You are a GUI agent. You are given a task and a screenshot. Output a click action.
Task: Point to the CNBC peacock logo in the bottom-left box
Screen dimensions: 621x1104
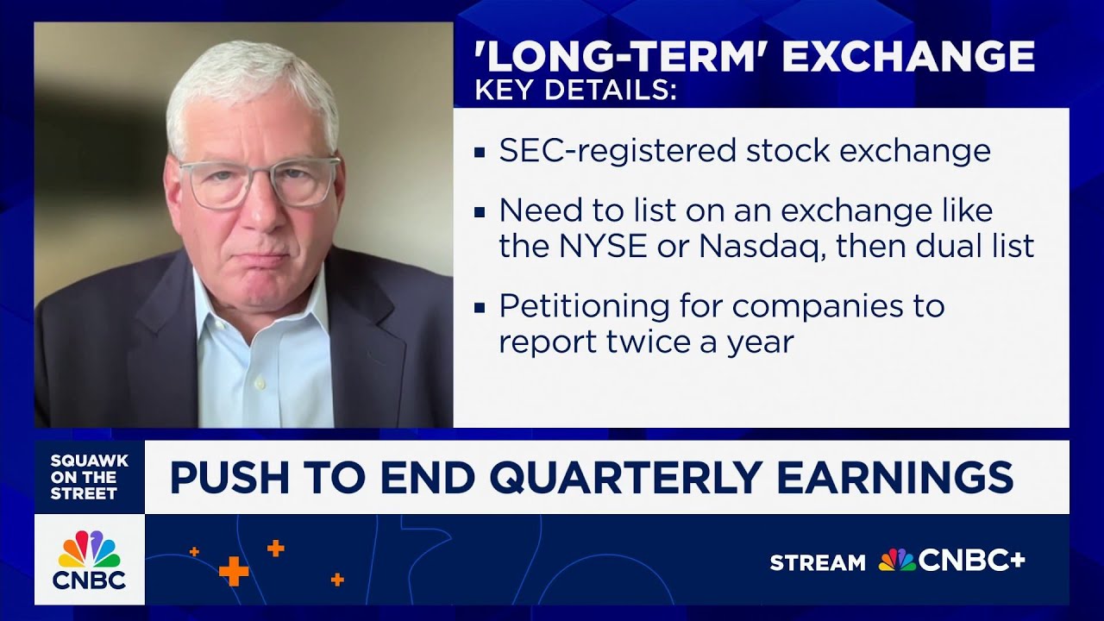tap(89, 549)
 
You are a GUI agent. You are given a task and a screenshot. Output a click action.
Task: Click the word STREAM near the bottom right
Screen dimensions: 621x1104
tap(817, 563)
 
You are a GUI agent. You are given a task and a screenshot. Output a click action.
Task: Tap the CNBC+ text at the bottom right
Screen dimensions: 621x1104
tap(970, 561)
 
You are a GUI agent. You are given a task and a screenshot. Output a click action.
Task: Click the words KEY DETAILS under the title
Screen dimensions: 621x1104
tap(575, 91)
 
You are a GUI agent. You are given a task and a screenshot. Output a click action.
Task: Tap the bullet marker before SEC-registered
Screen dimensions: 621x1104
tap(480, 154)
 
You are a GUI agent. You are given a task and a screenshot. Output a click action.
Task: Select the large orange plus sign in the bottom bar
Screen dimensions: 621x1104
tap(233, 570)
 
